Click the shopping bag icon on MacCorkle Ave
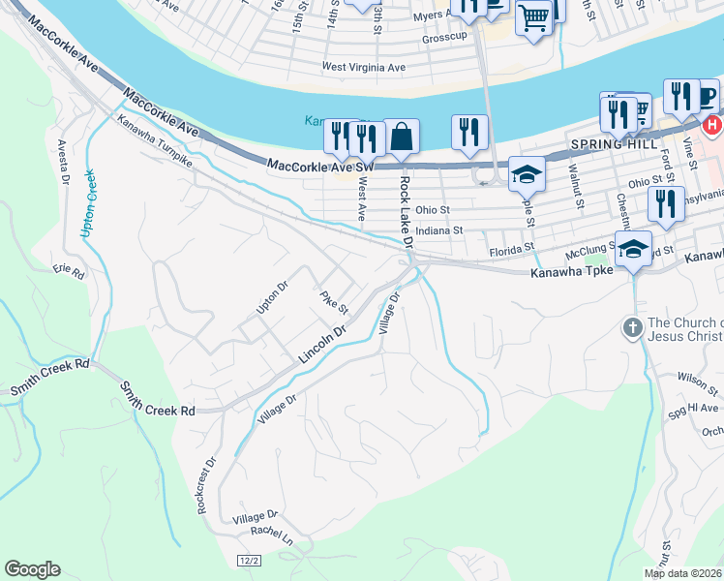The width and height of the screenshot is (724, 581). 401,137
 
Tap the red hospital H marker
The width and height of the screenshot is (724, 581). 713,125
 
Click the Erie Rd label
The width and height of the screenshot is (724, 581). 70,272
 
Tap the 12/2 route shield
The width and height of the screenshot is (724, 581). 250,561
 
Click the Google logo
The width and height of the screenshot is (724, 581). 32,569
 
